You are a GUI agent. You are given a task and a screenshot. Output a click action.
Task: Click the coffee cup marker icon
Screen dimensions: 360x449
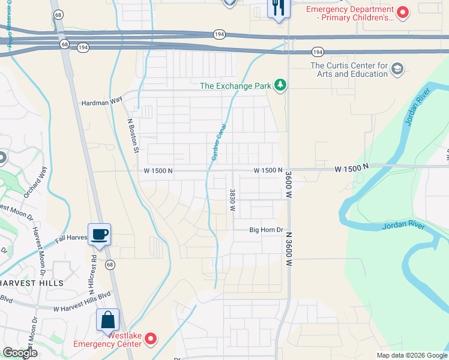click(99, 234)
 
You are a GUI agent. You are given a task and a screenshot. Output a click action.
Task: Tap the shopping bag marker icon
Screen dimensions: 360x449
click(108, 319)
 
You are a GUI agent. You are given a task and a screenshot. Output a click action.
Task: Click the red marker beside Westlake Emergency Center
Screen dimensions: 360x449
click(151, 339)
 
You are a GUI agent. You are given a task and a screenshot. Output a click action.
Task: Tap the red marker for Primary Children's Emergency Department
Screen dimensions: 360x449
click(403, 11)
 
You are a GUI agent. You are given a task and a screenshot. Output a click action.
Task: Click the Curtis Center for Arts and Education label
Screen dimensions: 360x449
click(349, 70)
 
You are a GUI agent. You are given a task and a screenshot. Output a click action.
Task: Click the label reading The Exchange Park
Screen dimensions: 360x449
click(235, 86)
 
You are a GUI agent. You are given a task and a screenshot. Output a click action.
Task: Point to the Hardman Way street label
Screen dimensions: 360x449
click(102, 103)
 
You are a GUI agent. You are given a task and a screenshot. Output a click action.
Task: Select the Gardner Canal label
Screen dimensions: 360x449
click(218, 146)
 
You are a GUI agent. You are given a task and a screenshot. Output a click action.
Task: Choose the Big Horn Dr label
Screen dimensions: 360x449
click(266, 230)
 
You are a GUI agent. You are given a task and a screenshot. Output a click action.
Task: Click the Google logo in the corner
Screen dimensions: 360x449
click(20, 353)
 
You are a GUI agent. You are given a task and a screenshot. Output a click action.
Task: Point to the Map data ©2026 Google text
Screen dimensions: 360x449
click(411, 355)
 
